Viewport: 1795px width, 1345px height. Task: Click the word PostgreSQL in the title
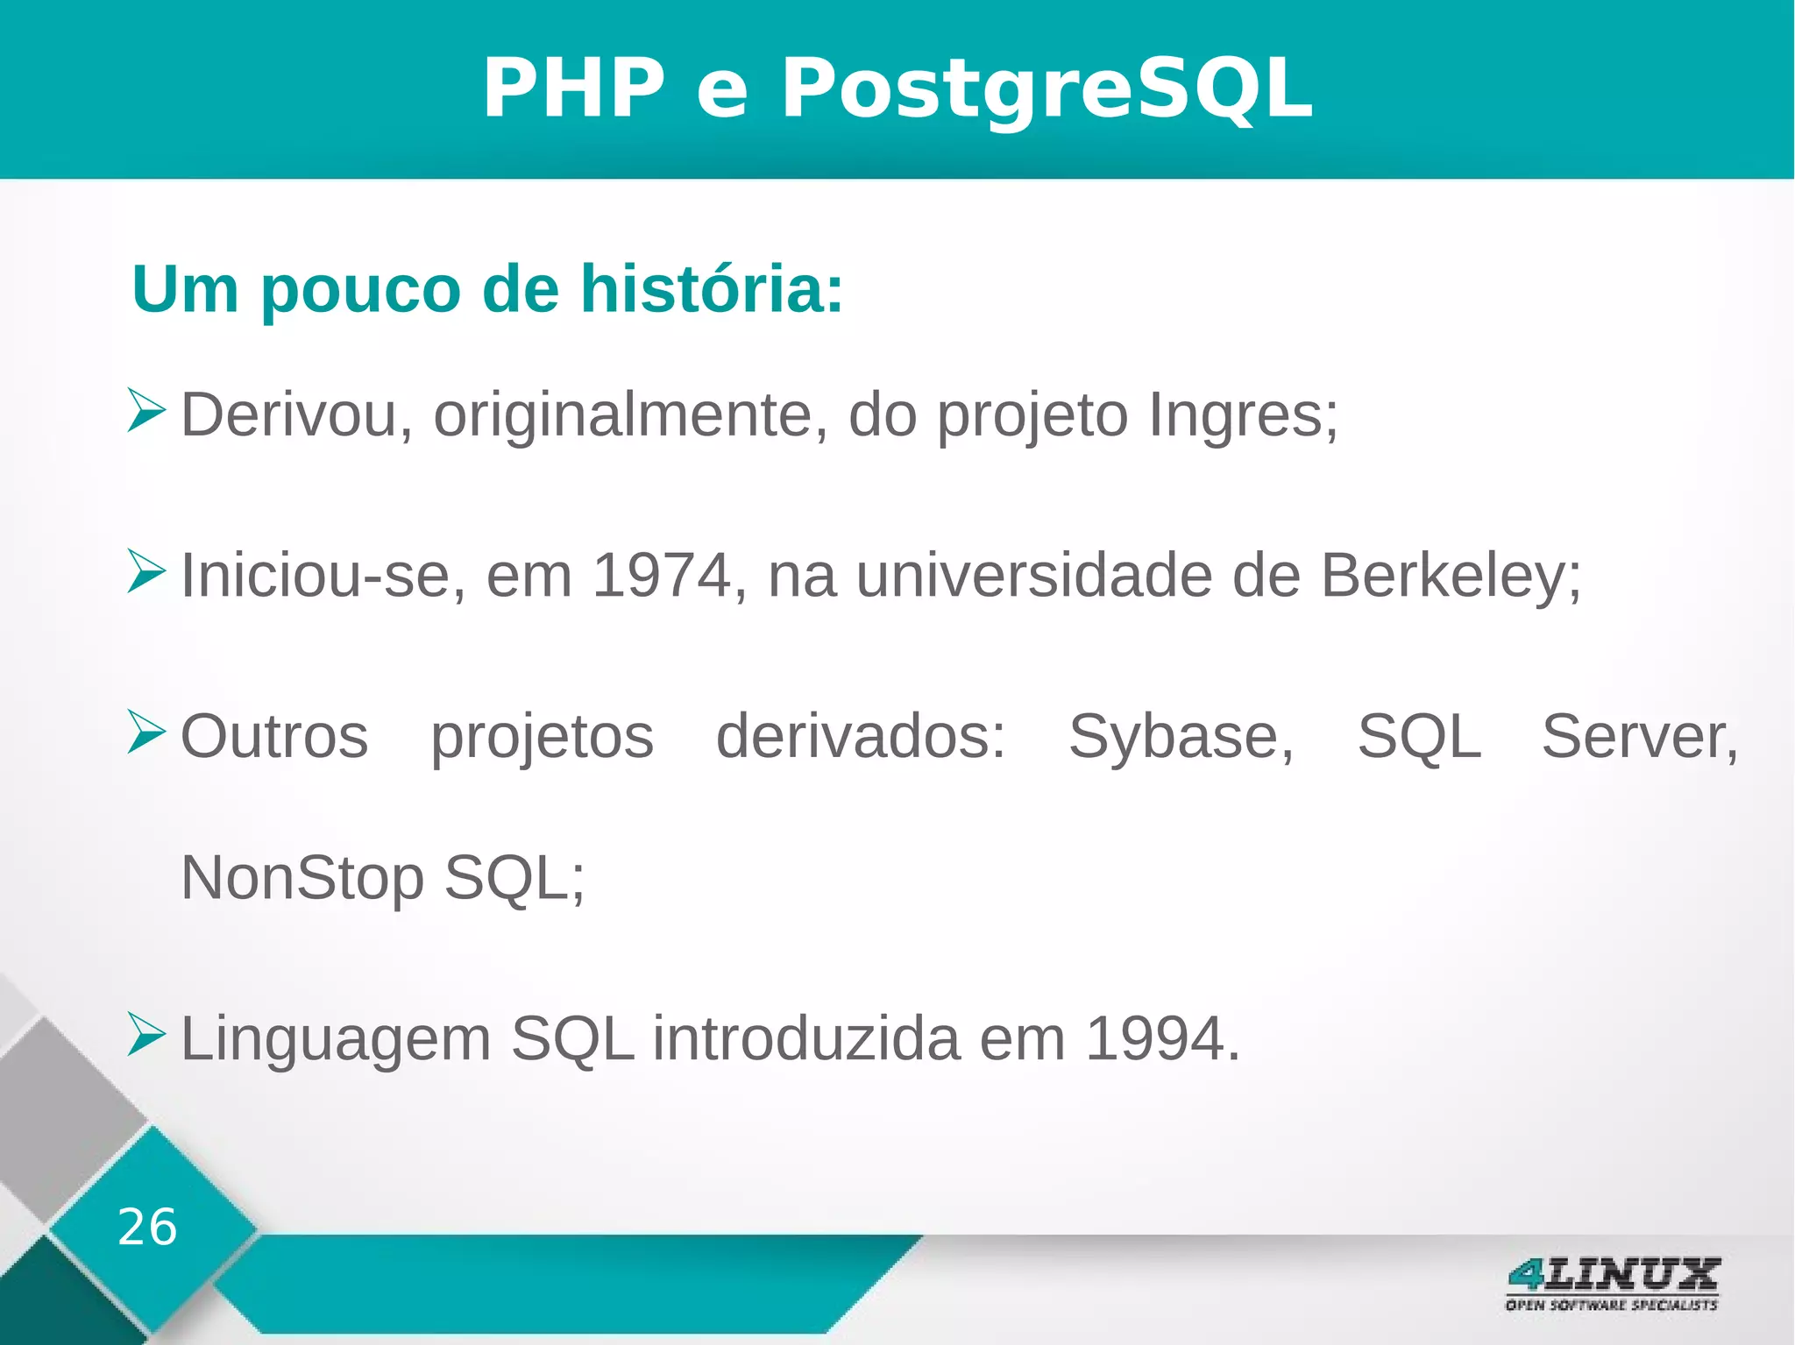point(1046,89)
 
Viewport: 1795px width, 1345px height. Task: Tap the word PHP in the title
point(574,89)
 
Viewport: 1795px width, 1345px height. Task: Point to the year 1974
point(663,576)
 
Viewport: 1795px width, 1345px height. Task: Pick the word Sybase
point(1180,736)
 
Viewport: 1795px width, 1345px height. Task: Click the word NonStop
point(302,878)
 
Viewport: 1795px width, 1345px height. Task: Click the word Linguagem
point(336,1039)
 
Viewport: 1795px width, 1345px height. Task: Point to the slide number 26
point(147,1227)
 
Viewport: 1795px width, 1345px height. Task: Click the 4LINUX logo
point(1612,1284)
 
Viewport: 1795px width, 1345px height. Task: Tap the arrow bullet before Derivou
point(145,410)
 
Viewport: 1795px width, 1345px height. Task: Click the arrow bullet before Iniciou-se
point(145,571)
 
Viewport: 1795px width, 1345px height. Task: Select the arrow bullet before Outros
point(145,732)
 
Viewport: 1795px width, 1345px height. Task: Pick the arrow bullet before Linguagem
point(145,1034)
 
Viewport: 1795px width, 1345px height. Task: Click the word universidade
point(1034,576)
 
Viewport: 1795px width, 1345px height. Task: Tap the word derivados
point(860,736)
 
